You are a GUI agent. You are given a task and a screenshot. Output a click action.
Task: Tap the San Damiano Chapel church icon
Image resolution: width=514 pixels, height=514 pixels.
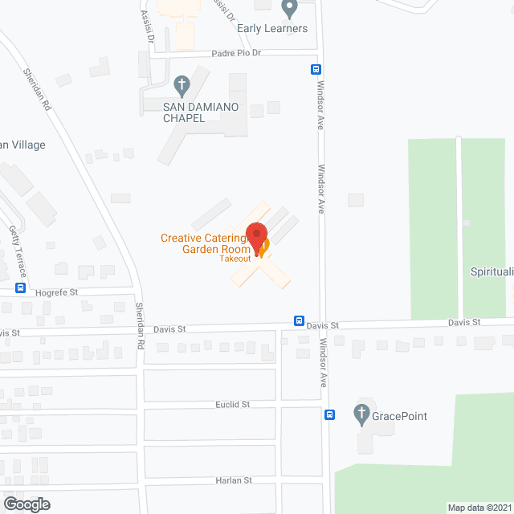coord(182,84)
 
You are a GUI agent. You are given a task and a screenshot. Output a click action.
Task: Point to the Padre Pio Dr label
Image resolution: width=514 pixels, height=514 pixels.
coord(239,53)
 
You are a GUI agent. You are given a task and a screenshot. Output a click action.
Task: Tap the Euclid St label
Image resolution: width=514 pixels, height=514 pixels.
coord(233,404)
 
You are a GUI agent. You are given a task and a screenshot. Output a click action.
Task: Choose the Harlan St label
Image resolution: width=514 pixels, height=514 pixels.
coord(234,479)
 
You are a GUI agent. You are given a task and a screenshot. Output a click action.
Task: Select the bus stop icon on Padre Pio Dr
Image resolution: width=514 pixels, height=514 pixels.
coord(316,69)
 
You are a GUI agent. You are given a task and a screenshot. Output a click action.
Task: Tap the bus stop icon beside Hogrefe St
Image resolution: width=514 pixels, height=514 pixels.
coord(20,288)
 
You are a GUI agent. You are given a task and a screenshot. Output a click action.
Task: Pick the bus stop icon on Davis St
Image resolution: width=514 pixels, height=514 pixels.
coord(299,321)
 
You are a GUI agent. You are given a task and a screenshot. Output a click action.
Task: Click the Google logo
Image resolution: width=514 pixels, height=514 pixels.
coord(27,504)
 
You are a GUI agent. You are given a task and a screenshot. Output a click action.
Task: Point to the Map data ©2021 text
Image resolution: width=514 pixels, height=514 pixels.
coord(479,507)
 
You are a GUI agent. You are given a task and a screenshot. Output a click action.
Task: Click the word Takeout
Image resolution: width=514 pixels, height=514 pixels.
coord(237,258)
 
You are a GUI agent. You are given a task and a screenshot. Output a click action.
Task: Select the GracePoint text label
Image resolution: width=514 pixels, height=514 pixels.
coord(399,416)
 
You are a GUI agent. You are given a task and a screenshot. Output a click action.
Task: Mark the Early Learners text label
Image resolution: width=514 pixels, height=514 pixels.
coord(273,29)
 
